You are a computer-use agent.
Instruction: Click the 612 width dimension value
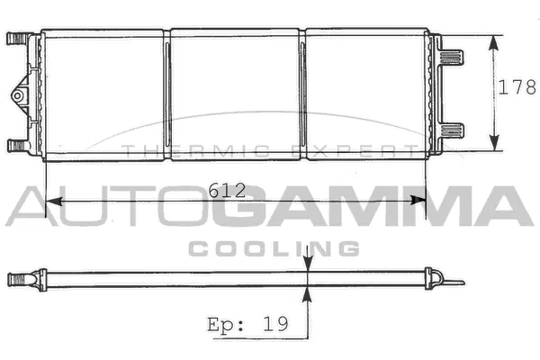(225, 190)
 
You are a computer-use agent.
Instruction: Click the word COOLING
(274, 247)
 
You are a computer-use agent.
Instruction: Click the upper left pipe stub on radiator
(17, 39)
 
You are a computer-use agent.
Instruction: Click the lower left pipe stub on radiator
(17, 146)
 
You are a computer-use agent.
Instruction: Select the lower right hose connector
(454, 130)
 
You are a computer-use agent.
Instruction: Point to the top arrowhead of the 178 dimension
(494, 41)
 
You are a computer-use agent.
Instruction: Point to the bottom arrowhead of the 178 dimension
(494, 144)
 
